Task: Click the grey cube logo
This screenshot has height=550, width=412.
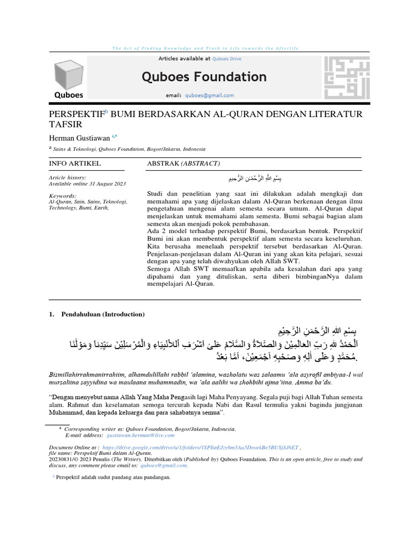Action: point(68,74)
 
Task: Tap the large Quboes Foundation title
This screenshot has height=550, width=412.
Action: point(204,77)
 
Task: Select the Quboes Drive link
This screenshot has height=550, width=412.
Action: point(227,59)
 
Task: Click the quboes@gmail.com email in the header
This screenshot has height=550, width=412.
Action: point(209,96)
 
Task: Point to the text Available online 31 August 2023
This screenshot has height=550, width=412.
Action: point(87,184)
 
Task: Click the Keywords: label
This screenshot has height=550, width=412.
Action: point(62,196)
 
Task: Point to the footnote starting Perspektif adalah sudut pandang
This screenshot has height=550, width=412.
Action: point(113,477)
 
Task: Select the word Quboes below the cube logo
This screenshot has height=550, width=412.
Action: point(69,95)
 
